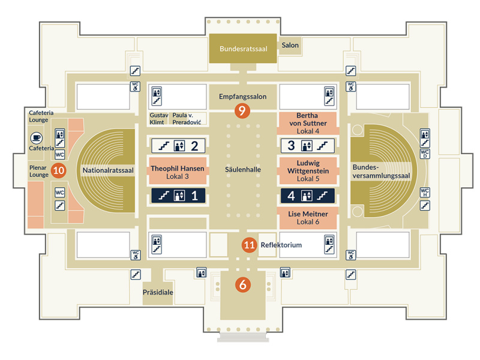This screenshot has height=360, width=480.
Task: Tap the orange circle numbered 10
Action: (x=58, y=170)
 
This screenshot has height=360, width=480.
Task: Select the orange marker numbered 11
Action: (x=250, y=245)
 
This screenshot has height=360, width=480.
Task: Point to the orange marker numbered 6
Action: (x=243, y=285)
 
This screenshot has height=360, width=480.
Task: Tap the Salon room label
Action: (x=290, y=45)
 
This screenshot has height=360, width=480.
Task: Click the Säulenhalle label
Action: (x=242, y=170)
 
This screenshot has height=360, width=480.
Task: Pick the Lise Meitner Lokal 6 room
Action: (x=308, y=217)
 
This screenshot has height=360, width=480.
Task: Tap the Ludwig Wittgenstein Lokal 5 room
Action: (x=308, y=170)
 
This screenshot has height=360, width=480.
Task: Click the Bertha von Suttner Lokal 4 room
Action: (x=308, y=122)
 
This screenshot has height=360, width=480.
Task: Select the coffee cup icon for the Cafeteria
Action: (x=36, y=138)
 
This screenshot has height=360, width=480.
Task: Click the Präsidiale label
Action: (x=158, y=293)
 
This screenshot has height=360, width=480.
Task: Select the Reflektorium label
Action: (x=281, y=245)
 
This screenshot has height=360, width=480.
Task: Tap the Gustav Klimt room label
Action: (x=158, y=118)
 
